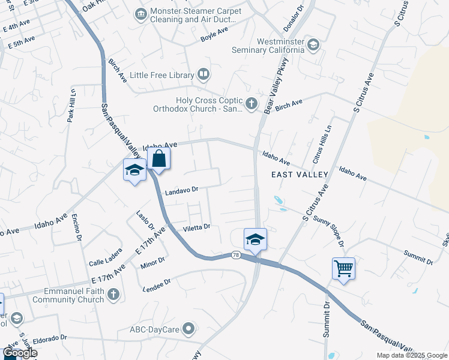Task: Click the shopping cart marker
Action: coord(343,268)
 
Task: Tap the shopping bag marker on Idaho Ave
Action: coord(159,160)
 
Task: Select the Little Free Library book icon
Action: coord(204,75)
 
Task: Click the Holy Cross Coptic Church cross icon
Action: coord(252,104)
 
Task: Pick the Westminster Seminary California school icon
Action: coord(313,45)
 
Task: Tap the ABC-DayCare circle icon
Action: coord(189,328)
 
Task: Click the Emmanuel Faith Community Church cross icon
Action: coord(113,295)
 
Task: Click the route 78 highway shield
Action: coord(236,256)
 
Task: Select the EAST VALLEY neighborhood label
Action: coord(300,175)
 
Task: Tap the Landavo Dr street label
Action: coord(181,190)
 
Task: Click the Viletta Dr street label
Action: coord(196,227)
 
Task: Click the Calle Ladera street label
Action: coord(106,262)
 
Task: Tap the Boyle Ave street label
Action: coord(215,35)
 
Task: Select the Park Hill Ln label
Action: coord(71,106)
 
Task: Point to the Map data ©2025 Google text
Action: coord(411,355)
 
